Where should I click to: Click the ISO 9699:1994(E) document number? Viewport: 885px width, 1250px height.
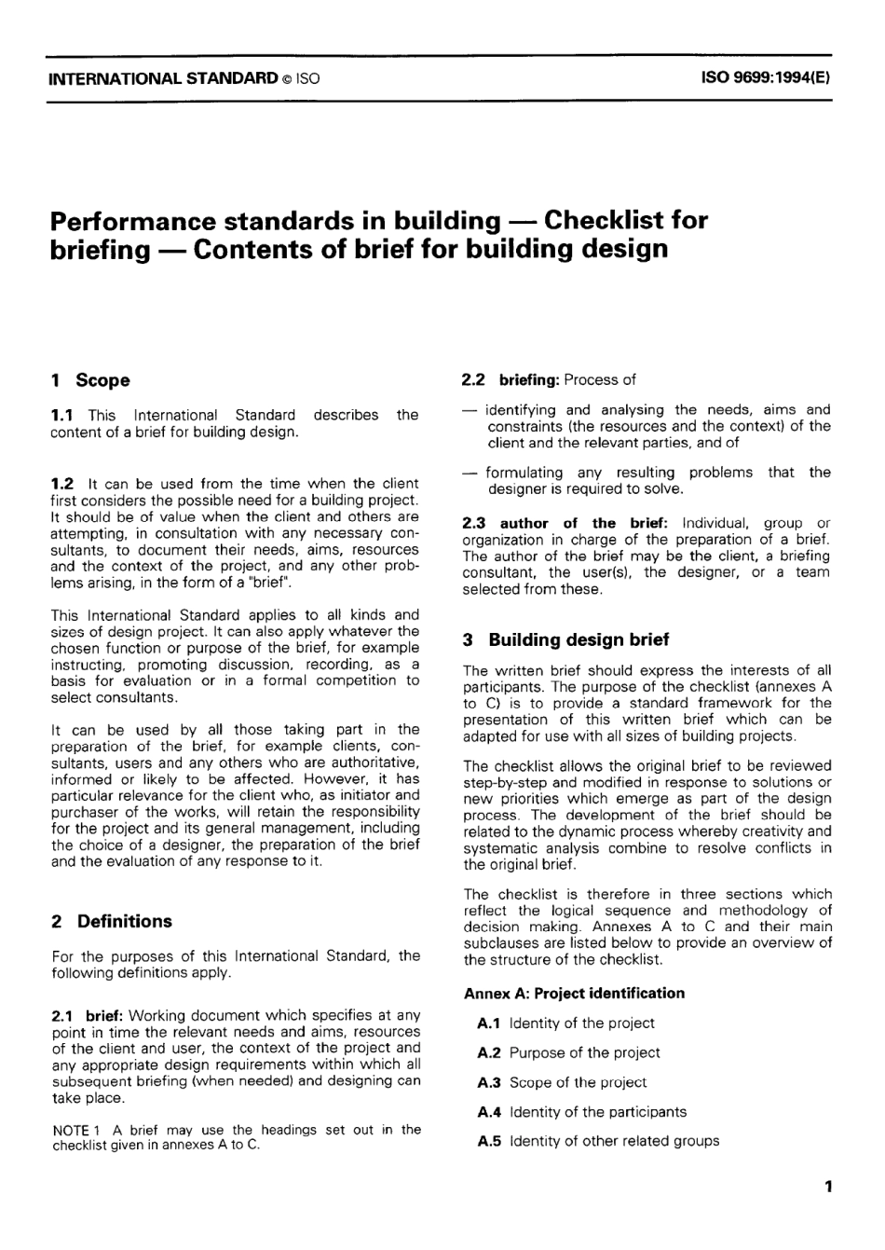764,78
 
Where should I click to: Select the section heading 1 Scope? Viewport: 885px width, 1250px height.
90,380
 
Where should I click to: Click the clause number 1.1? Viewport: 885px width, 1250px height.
63,415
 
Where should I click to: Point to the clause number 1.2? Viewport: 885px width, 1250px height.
63,484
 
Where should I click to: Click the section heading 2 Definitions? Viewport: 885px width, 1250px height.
112,921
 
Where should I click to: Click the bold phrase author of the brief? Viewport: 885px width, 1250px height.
584,523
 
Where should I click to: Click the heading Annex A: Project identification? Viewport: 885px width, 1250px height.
574,994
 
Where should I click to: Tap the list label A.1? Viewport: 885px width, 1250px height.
489,1023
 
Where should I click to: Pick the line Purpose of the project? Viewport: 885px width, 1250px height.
584,1053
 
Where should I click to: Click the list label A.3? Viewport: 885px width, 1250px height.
489,1083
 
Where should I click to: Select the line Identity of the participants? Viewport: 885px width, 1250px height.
597,1112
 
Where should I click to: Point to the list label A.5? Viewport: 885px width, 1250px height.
489,1142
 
